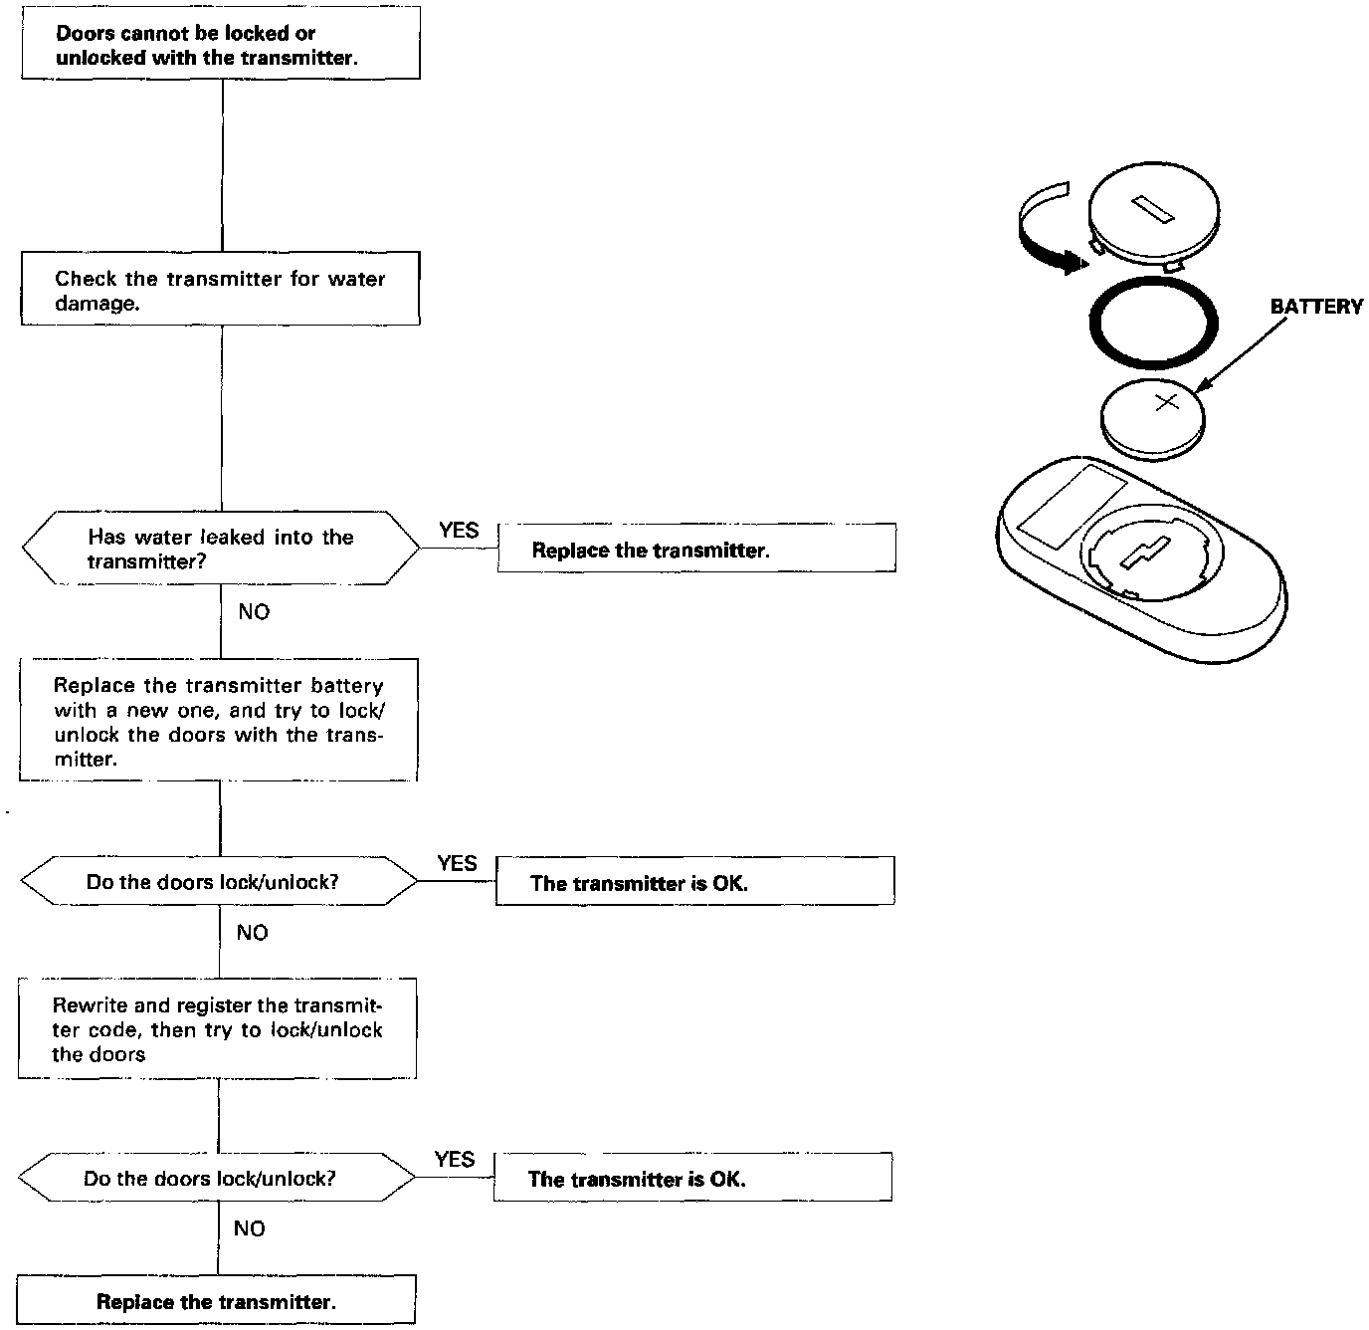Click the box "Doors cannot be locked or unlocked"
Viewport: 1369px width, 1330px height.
click(220, 43)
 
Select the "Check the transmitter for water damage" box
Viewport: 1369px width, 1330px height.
click(220, 290)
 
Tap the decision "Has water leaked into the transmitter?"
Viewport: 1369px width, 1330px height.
click(220, 549)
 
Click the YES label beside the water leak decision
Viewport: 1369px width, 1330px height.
click(459, 531)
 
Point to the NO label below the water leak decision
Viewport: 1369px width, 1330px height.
click(254, 612)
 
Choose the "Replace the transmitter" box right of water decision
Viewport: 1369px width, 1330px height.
click(695, 549)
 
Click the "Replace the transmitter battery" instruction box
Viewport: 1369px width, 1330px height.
click(218, 720)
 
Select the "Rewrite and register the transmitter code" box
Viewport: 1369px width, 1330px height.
click(217, 1029)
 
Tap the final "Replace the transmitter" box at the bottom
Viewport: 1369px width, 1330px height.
click(216, 1301)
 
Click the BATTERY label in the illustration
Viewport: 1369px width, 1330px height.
click(1315, 307)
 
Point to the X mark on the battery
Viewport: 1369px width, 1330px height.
click(1166, 402)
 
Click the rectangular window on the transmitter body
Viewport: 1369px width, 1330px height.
click(1072, 505)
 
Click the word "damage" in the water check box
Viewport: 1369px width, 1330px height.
click(97, 304)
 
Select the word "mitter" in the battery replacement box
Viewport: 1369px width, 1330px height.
click(85, 760)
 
